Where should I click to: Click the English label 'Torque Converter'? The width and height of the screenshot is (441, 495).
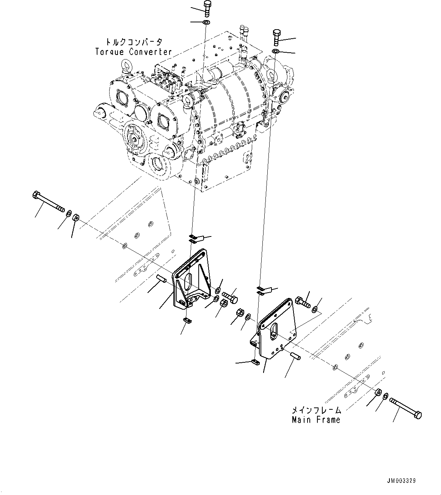[133, 52]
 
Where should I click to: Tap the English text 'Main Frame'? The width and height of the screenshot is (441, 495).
[316, 420]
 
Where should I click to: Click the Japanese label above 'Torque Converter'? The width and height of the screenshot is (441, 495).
[133, 42]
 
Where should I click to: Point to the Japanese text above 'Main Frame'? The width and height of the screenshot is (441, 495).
[316, 410]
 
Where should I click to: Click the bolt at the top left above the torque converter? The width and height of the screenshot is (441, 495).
[207, 8]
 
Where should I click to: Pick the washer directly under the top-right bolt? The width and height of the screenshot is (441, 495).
[276, 51]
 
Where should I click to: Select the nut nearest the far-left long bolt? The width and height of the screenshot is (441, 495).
[75, 218]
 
